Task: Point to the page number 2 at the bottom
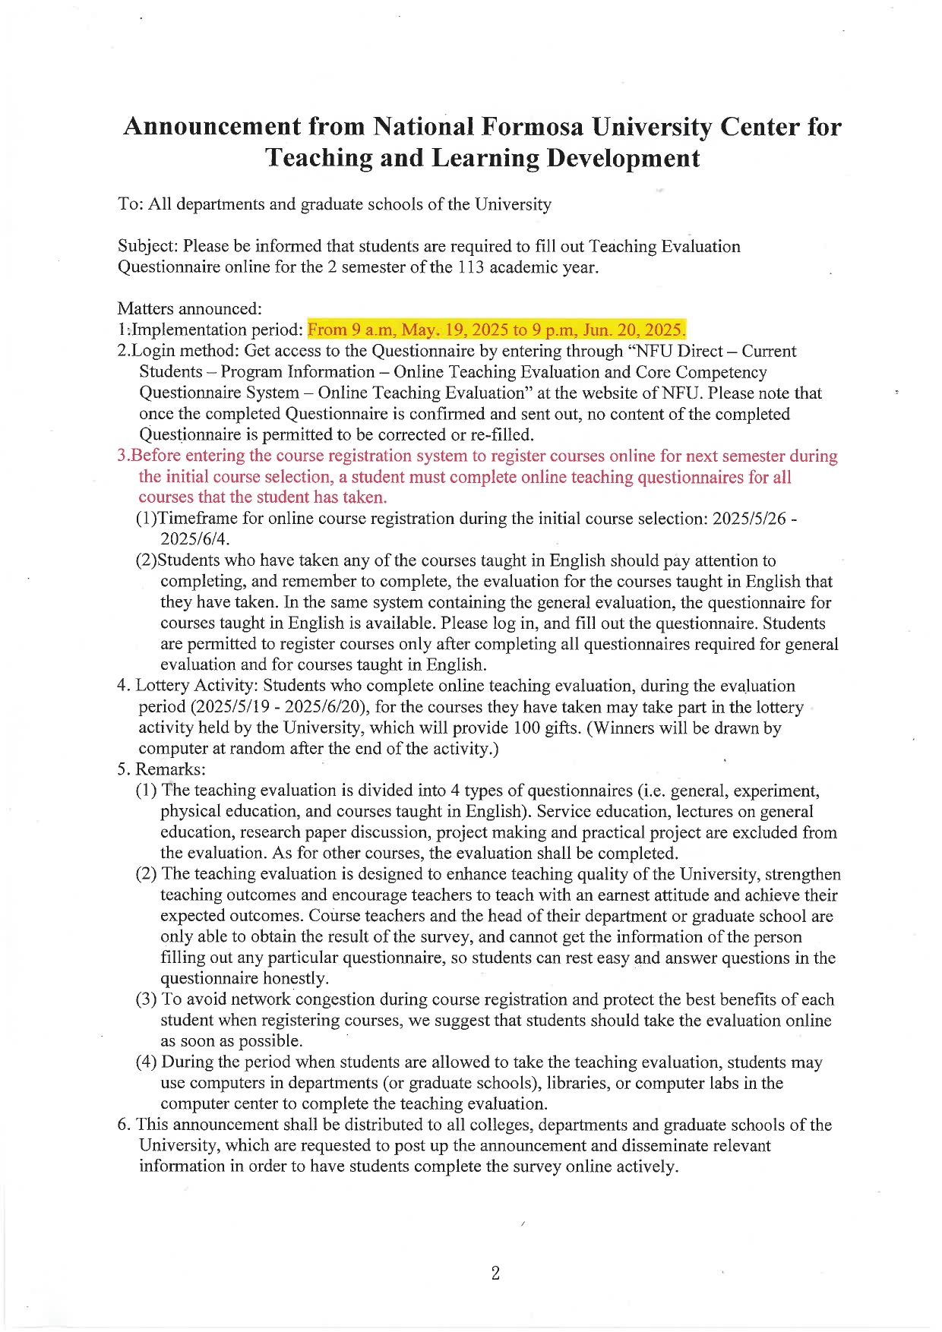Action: click(495, 1274)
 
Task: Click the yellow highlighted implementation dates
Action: click(496, 330)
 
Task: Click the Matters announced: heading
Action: click(189, 308)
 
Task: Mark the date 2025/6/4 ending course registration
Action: click(194, 539)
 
